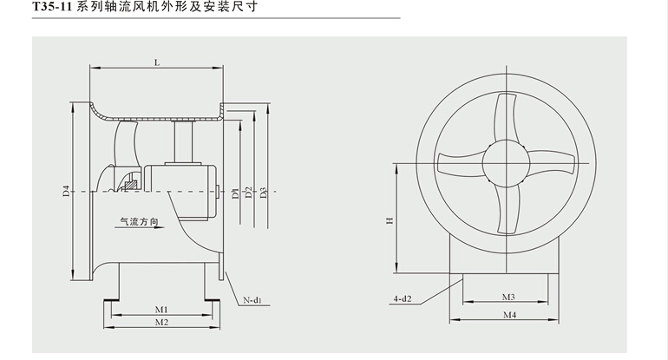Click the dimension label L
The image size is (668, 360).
click(x=156, y=62)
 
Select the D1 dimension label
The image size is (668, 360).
click(x=235, y=193)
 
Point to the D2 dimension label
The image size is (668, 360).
click(x=248, y=193)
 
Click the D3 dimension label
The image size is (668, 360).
click(x=262, y=193)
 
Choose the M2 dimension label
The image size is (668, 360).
click(x=160, y=323)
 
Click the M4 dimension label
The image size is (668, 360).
click(x=508, y=316)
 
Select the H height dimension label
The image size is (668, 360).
click(x=390, y=220)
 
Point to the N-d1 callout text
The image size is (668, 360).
click(x=252, y=300)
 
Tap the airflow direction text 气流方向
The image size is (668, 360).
click(x=139, y=222)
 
